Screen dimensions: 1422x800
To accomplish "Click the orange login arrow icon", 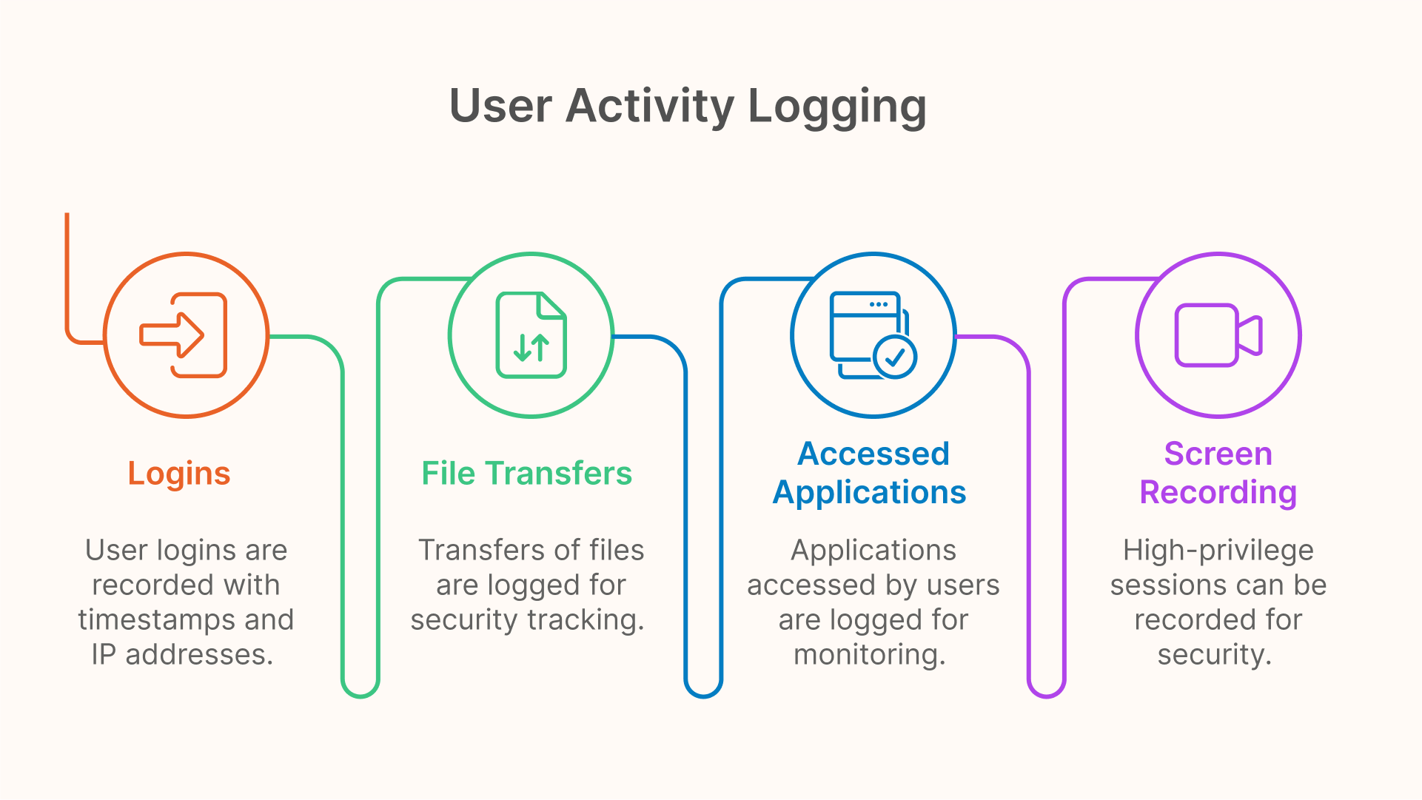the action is [184, 335].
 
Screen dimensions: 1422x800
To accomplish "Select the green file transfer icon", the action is [531, 335].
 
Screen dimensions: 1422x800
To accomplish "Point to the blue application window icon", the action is [873, 335].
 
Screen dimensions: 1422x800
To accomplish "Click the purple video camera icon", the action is [1218, 335].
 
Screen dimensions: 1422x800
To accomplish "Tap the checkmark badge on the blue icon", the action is [895, 357].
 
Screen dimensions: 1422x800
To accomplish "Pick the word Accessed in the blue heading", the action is [873, 454].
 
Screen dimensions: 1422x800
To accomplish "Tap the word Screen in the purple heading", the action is [1218, 454].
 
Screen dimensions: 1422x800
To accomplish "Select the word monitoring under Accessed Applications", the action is [870, 655].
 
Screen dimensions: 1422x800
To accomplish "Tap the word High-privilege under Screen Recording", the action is [1218, 551].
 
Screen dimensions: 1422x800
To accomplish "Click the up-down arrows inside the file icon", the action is [531, 347].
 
